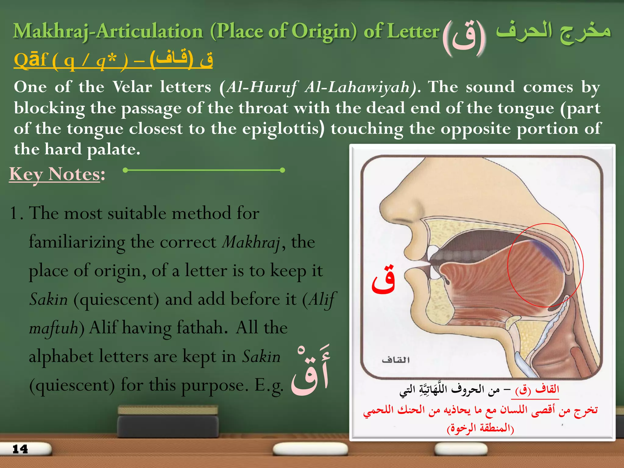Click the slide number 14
coord(20,449)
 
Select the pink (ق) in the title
coord(464,37)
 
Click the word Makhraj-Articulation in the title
coord(108,32)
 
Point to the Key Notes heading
coord(57,174)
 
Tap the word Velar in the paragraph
coord(132,87)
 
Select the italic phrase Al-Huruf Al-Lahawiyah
coord(318,87)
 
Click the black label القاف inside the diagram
coord(395,360)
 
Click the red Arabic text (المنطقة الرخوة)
coord(480,428)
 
